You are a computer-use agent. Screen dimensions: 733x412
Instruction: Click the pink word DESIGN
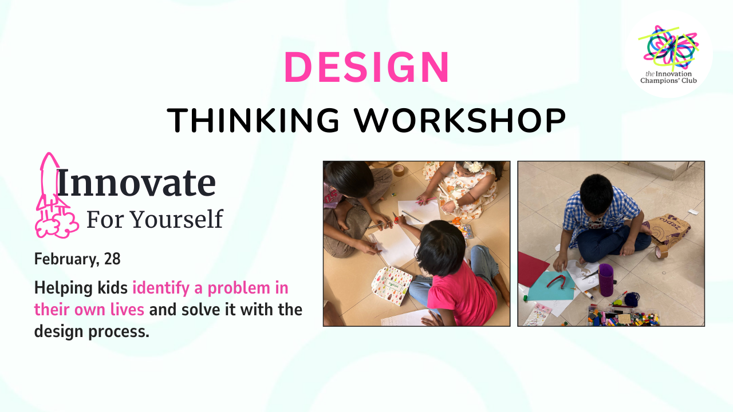coord(366,67)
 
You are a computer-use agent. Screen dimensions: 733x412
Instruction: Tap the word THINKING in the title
coord(253,120)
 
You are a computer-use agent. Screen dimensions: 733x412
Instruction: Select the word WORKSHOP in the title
coord(460,120)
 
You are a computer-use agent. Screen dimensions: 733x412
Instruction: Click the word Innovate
coord(136,183)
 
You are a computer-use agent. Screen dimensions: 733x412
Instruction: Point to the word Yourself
coord(177,219)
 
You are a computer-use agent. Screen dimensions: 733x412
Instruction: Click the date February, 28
coord(77,259)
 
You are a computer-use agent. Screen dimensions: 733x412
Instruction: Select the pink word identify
coord(161,288)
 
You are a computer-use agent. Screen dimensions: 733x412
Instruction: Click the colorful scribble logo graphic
coord(668,46)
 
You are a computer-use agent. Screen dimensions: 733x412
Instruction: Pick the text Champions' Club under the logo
coord(668,81)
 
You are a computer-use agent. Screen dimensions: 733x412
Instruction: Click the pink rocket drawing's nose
coord(49,154)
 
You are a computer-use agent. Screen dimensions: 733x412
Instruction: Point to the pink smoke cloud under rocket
coord(57,223)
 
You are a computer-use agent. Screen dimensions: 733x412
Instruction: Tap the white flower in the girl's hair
coord(474,167)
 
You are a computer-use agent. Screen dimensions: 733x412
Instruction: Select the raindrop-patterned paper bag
coord(391,285)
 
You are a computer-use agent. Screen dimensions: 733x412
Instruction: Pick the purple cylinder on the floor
coord(606,280)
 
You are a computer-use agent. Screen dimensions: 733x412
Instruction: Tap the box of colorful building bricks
coord(624,317)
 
